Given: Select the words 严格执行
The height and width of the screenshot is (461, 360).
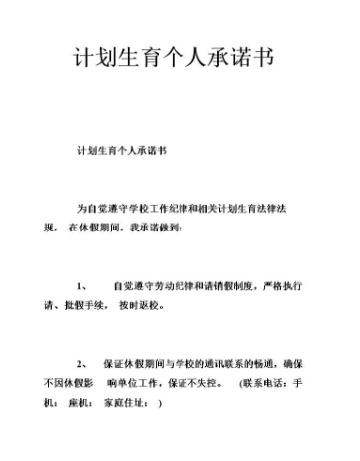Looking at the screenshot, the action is coord(284,286).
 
